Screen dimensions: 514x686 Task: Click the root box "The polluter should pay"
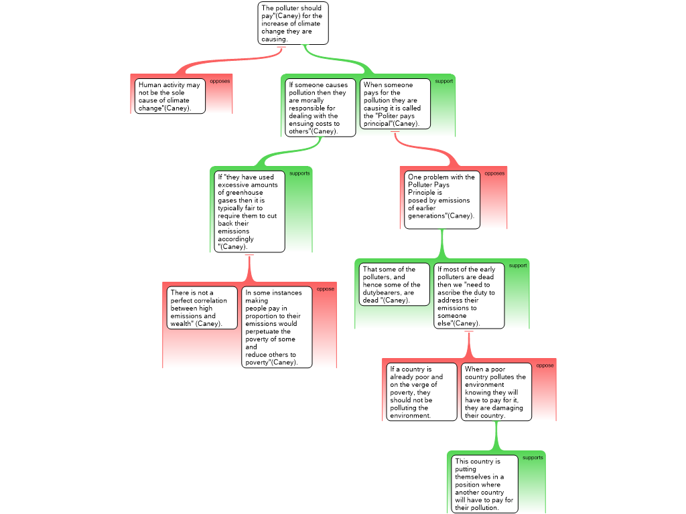coord(293,23)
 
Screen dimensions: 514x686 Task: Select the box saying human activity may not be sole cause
coord(169,96)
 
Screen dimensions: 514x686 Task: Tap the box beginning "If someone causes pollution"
coord(320,108)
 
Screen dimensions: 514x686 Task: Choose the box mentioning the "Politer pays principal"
coord(395,104)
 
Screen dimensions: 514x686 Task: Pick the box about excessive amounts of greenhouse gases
coord(249,211)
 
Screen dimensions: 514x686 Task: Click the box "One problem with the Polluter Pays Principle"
coord(441,199)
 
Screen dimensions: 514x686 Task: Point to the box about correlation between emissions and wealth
coord(202,308)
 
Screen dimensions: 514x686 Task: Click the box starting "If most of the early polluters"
coord(469,296)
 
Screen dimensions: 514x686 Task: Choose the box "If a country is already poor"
coord(421,392)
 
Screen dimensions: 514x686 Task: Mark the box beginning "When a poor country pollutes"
coord(496,392)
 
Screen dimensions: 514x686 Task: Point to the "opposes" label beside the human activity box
coord(220,82)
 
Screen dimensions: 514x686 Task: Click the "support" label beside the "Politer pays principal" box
coord(444,82)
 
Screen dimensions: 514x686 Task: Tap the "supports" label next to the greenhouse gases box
coord(299,173)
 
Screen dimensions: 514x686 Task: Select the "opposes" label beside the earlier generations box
coord(494,173)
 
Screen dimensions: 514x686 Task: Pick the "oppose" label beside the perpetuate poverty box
coord(326,289)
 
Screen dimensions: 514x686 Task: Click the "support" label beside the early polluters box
coord(518,266)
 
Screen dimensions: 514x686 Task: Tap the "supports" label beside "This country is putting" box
coord(533,458)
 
